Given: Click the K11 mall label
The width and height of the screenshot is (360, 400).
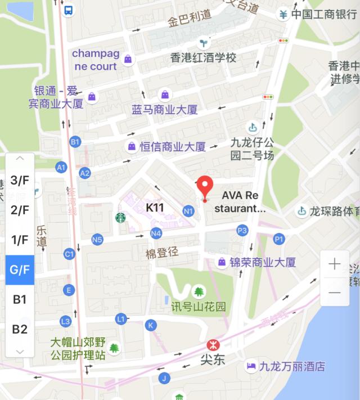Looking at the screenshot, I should [x=155, y=208].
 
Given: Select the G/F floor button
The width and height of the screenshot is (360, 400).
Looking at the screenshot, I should [x=20, y=269].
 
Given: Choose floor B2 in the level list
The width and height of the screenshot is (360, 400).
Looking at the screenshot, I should [x=20, y=329].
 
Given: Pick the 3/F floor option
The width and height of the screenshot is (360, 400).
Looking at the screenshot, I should [x=20, y=181].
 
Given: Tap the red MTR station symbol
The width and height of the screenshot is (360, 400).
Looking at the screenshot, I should [x=213, y=344].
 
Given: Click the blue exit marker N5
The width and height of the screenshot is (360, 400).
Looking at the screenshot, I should [x=97, y=240].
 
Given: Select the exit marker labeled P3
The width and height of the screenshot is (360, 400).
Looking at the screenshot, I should [x=242, y=230].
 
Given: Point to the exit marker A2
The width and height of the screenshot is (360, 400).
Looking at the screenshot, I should [x=85, y=173].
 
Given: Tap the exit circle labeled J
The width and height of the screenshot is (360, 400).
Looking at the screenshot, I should [x=164, y=377].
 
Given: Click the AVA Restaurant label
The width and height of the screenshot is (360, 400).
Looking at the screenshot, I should [x=240, y=202].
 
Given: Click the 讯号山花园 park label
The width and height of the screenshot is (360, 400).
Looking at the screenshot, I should [x=199, y=307].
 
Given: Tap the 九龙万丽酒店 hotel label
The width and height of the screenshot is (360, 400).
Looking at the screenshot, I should [x=292, y=367].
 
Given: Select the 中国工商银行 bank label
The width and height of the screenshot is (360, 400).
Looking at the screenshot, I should [x=323, y=15].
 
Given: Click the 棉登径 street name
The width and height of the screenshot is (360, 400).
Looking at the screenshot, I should [x=162, y=253].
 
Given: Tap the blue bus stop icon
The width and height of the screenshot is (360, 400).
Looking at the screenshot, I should [x=68, y=10].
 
